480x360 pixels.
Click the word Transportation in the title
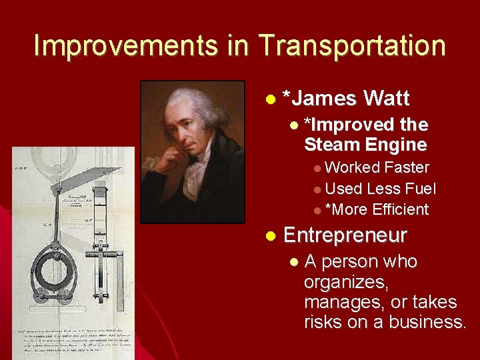click(353, 45)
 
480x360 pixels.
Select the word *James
click(319, 99)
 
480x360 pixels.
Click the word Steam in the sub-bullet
click(331, 144)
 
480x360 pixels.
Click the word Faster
click(407, 167)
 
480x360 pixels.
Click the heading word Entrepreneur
click(345, 235)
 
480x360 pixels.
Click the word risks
click(323, 323)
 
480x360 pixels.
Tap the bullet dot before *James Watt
click(270, 99)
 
